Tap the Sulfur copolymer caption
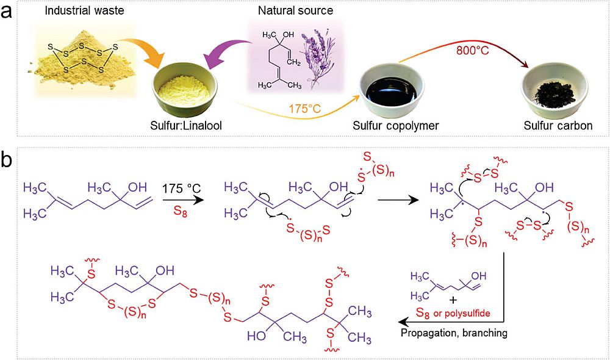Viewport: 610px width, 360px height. coord(389,126)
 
